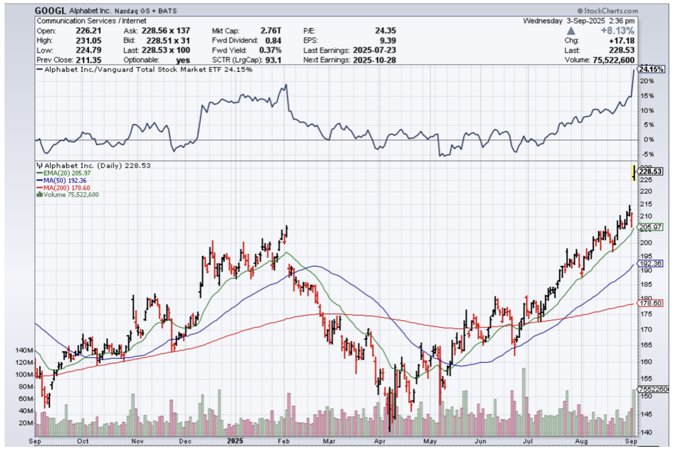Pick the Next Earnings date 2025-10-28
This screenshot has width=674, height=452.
pos(372,60)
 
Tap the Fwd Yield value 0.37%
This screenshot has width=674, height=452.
pos(270,50)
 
